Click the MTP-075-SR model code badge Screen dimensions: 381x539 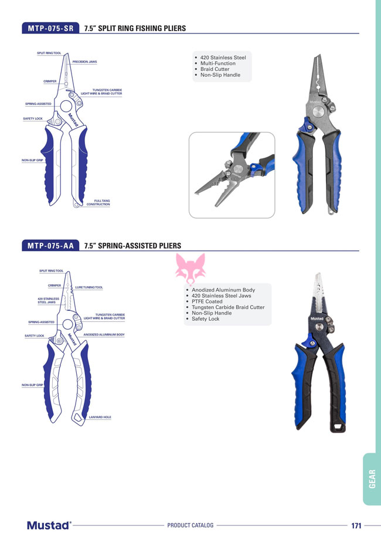coord(50,28)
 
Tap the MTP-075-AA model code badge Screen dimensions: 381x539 coord(50,245)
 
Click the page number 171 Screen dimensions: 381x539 coord(356,526)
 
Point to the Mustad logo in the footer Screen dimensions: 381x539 coord(49,526)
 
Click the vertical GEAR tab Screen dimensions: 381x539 coord(372,479)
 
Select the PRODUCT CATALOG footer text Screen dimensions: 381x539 coord(190,526)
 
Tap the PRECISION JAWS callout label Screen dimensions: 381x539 coord(84,62)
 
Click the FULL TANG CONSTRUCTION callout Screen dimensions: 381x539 coord(98,202)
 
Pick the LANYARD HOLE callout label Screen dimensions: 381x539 coord(100,417)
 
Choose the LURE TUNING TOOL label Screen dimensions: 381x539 coord(89,287)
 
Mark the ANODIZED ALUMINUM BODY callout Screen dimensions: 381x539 coord(104,334)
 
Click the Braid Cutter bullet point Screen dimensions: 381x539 coord(215,69)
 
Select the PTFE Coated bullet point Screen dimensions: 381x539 coord(207,301)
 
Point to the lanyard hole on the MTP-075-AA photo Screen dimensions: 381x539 coord(338,428)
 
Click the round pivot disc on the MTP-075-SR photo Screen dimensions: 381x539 coord(318,111)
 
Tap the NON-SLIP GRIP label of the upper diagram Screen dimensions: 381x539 coord(32,160)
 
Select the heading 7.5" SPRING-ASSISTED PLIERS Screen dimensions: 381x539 coord(132,246)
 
